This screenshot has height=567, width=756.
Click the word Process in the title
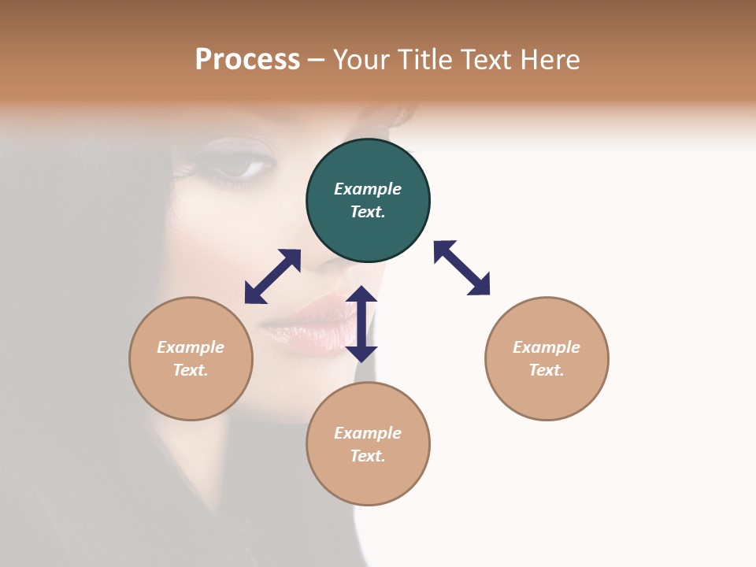click(247, 60)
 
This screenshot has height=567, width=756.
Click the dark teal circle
click(368, 200)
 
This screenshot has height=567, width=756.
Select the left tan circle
click(191, 358)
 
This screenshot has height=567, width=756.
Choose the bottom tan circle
click(368, 443)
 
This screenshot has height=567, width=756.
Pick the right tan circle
click(547, 358)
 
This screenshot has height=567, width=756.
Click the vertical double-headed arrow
click(361, 324)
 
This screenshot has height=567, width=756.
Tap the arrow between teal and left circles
click(272, 276)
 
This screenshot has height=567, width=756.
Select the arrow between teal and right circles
click(461, 268)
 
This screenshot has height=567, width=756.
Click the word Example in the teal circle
click(368, 189)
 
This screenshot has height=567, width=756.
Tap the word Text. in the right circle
click(547, 370)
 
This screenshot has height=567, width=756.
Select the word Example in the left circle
click(191, 347)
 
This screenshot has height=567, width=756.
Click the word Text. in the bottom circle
click(368, 456)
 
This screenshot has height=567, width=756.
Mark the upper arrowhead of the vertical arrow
click(361, 295)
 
